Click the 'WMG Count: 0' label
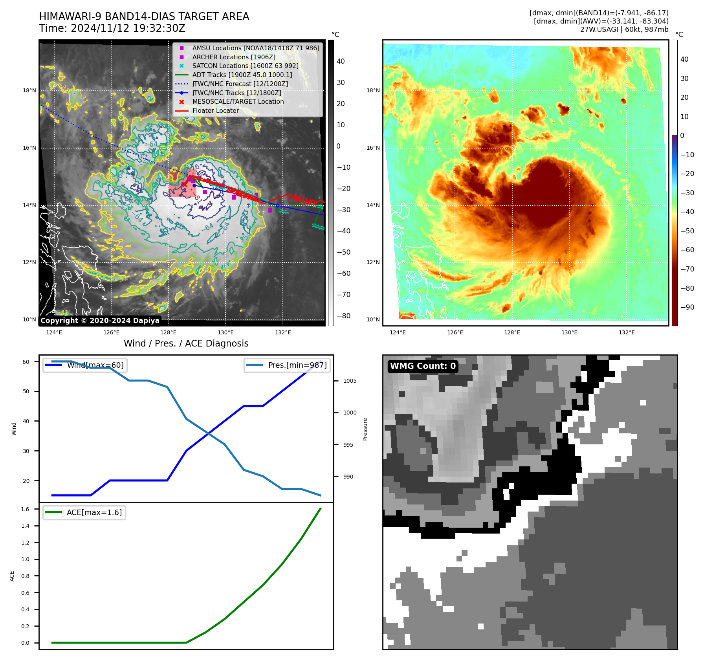[x=423, y=366]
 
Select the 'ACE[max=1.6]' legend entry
[x=94, y=512]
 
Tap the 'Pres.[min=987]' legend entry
[x=297, y=365]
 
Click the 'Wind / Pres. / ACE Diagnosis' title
[x=186, y=343]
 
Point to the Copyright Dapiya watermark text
[x=100, y=321]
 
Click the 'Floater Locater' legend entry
[x=215, y=110]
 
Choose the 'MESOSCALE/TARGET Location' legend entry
[x=238, y=101]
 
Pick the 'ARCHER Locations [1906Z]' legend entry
[x=234, y=57]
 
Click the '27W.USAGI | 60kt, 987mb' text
[x=624, y=29]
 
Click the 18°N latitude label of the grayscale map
[x=29, y=91]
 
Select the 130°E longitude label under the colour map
[x=569, y=332]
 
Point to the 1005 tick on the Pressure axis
[x=350, y=381]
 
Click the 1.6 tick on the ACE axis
[x=25, y=509]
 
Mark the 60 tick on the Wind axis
[x=26, y=362]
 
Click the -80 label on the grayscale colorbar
[x=343, y=316]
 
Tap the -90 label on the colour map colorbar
[x=687, y=307]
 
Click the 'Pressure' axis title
[x=365, y=429]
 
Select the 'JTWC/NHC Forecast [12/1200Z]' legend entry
[x=240, y=84]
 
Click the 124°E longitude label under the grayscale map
[x=54, y=332]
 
